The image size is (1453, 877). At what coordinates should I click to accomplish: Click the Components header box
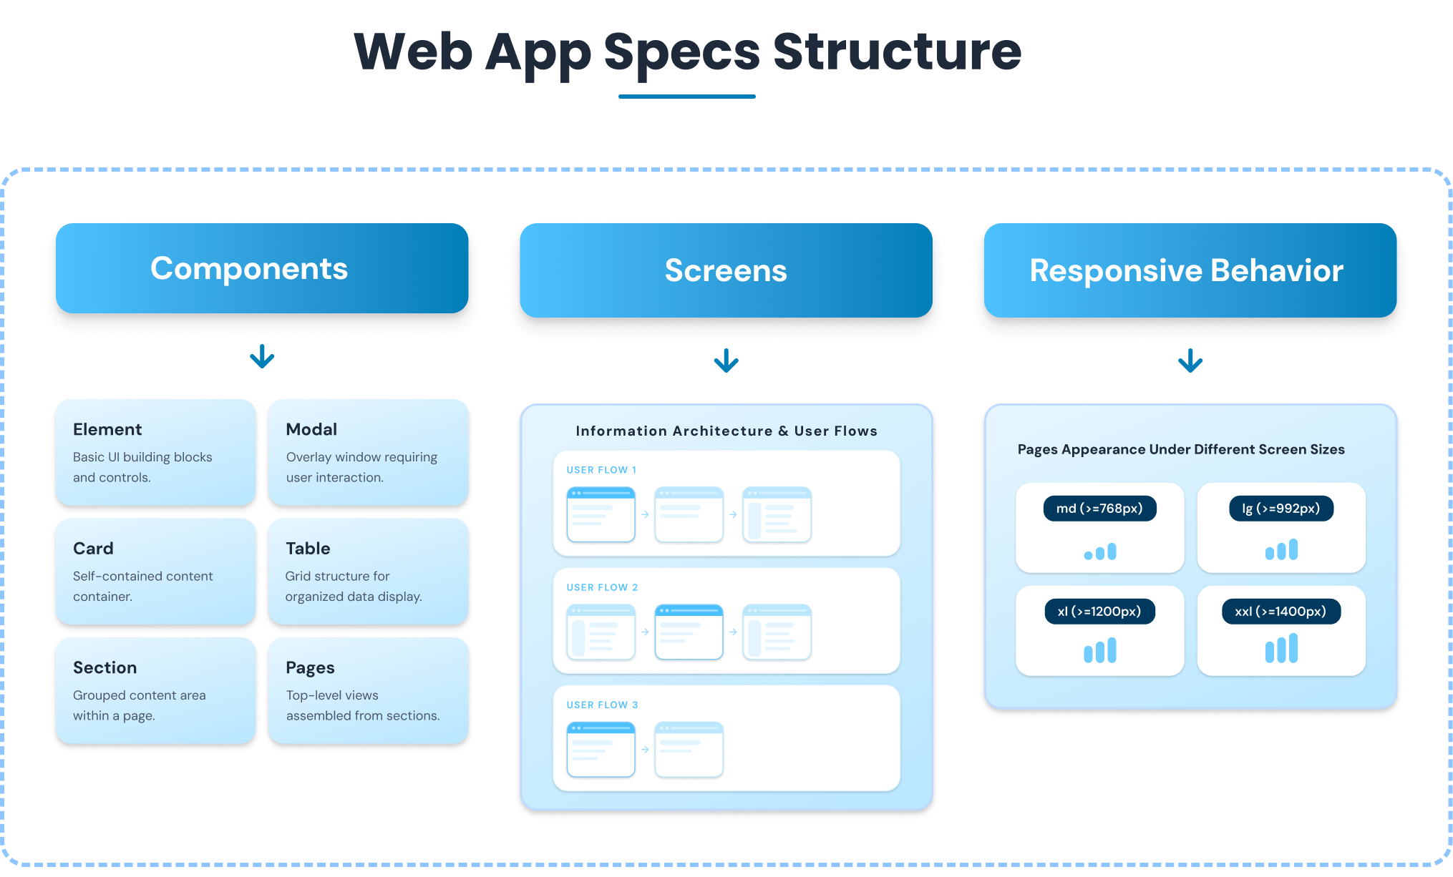(x=262, y=268)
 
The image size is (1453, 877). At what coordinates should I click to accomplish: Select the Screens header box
(x=726, y=270)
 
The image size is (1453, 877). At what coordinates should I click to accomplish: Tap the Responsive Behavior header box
(x=1190, y=270)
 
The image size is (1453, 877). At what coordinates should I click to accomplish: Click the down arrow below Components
(x=262, y=356)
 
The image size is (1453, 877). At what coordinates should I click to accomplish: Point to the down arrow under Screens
(x=726, y=361)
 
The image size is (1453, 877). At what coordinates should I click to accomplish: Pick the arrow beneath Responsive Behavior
(x=1190, y=361)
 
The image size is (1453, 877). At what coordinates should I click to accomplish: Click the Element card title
(x=107, y=429)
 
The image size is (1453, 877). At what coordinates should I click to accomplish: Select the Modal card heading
(x=311, y=429)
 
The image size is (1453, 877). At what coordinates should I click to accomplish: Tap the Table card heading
(x=308, y=549)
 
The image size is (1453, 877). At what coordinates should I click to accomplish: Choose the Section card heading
(x=105, y=667)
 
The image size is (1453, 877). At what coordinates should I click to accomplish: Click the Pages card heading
(x=310, y=667)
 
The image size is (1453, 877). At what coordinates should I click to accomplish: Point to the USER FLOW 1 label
(x=601, y=470)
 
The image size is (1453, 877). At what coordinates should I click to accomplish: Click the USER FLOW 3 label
(x=602, y=705)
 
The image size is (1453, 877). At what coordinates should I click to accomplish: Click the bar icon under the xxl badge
(x=1281, y=649)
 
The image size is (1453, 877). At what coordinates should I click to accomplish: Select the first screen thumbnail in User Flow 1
(x=601, y=514)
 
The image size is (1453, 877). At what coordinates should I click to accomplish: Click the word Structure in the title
(x=897, y=52)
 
